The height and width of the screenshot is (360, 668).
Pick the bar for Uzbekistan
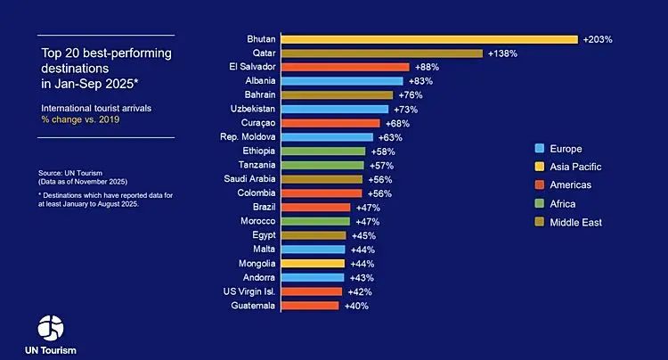point(334,109)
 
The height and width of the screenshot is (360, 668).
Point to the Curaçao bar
point(330,123)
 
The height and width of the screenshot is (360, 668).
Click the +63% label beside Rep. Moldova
point(390,137)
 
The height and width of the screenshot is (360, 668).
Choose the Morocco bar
point(315,221)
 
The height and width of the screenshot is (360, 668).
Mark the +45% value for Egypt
point(363,236)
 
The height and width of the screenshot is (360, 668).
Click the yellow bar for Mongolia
point(313,264)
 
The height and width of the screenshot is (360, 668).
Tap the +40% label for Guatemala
point(355,306)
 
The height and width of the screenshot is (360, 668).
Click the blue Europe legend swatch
point(539,148)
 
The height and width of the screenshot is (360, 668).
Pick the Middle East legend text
point(576,222)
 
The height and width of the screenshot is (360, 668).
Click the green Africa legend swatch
point(539,203)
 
